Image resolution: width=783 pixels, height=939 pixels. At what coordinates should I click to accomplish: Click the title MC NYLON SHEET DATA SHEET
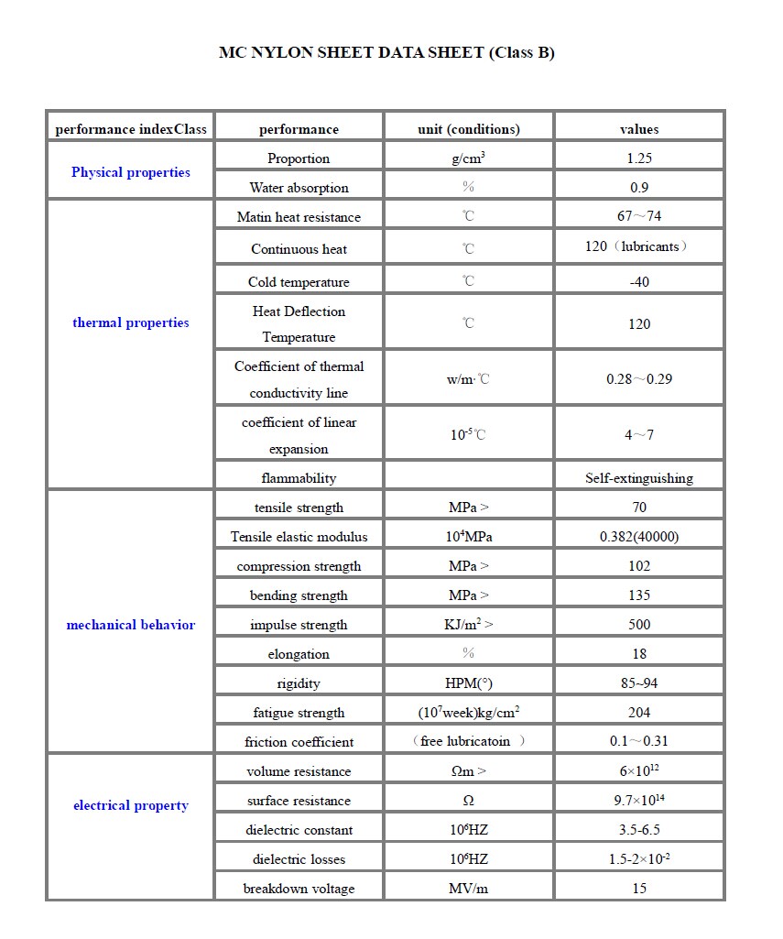pyautogui.click(x=386, y=52)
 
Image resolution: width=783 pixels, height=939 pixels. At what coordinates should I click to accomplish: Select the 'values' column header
pyautogui.click(x=639, y=129)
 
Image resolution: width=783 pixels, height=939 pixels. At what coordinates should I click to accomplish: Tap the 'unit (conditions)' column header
pyautogui.click(x=468, y=129)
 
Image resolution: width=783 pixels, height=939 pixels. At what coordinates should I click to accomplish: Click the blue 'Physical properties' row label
pyautogui.click(x=131, y=172)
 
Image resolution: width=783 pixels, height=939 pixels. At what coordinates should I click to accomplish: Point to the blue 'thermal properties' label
pyautogui.click(x=131, y=322)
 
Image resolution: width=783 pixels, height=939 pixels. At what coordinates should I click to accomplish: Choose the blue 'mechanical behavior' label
pyautogui.click(x=131, y=625)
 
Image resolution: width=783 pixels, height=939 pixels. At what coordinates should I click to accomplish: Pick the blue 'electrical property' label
pyautogui.click(x=131, y=805)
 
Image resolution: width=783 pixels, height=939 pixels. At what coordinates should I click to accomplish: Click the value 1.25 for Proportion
pyautogui.click(x=639, y=158)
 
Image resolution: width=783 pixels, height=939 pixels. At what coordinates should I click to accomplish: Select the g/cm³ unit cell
pyautogui.click(x=468, y=158)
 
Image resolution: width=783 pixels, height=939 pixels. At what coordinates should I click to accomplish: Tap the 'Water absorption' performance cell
pyautogui.click(x=299, y=188)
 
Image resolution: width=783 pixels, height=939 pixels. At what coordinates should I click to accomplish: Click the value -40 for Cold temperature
pyautogui.click(x=639, y=282)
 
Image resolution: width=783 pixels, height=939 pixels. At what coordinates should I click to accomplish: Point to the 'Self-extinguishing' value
pyautogui.click(x=639, y=478)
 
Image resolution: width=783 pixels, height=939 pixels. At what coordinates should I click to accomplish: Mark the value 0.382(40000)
pyautogui.click(x=639, y=537)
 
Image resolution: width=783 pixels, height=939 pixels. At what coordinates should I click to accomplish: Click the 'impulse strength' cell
pyautogui.click(x=299, y=625)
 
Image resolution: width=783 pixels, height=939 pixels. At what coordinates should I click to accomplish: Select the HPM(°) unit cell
pyautogui.click(x=468, y=683)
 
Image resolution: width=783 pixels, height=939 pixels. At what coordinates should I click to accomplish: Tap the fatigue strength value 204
pyautogui.click(x=639, y=713)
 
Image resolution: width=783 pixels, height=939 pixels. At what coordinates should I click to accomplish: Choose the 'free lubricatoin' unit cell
pyautogui.click(x=468, y=741)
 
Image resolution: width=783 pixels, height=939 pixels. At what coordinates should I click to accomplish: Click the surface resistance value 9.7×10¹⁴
pyautogui.click(x=639, y=801)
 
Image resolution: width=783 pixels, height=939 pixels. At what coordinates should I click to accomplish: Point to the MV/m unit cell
pyautogui.click(x=468, y=889)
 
